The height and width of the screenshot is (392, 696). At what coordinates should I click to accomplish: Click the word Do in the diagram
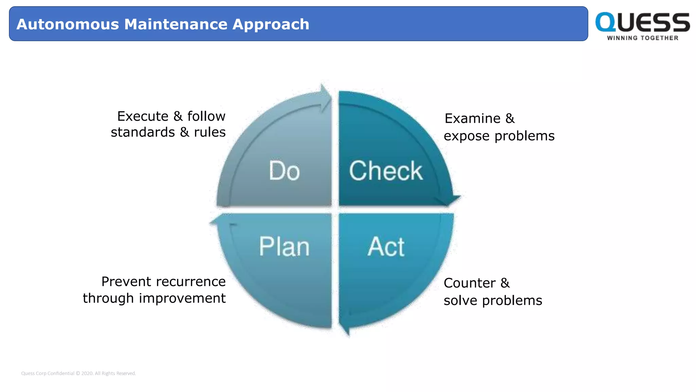[284, 170]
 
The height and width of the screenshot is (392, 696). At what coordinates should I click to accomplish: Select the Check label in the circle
[386, 170]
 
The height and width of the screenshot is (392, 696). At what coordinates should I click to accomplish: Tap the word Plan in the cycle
[284, 246]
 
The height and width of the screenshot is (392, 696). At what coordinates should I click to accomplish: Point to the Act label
[386, 246]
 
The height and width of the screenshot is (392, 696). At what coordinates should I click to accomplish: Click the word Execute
[143, 116]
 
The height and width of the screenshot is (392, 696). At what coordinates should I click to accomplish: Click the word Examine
[472, 118]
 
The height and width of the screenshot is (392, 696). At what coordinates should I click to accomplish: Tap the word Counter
[469, 283]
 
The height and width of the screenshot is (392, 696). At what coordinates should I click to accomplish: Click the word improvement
[182, 298]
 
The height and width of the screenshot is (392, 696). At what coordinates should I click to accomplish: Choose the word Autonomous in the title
[68, 24]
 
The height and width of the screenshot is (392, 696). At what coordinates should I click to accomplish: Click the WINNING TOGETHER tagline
[642, 38]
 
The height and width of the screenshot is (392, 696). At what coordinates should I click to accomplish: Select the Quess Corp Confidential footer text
[78, 373]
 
